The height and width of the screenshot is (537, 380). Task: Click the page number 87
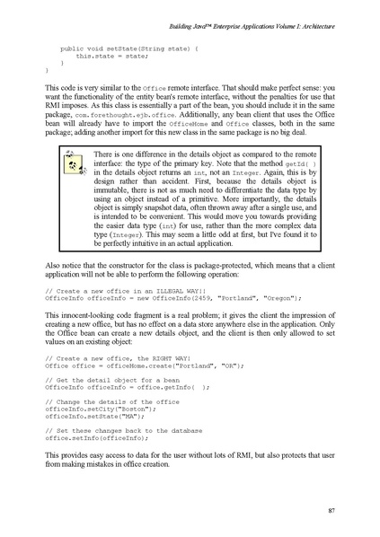click(331, 512)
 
